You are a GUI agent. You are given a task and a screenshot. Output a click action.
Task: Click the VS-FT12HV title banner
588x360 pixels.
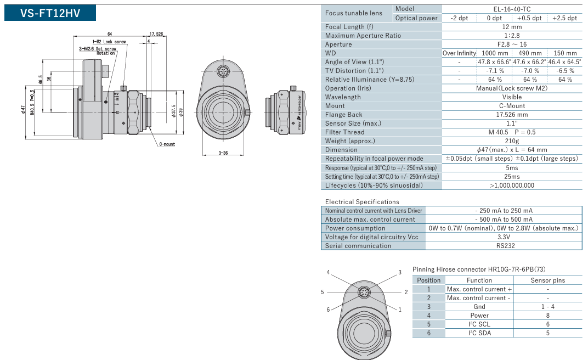point(50,13)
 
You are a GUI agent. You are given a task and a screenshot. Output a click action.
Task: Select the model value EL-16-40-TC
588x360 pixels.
point(512,9)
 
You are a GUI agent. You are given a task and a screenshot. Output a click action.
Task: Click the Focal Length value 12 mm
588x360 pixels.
point(512,26)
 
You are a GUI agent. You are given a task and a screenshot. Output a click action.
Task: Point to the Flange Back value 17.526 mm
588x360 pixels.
point(512,114)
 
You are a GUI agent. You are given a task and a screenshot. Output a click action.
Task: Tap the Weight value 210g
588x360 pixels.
point(512,140)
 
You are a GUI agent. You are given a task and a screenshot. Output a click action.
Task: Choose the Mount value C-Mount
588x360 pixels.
point(512,105)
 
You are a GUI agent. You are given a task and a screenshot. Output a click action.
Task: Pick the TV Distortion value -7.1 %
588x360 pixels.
point(494,70)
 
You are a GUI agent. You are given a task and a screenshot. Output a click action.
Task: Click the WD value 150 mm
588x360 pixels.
point(565,53)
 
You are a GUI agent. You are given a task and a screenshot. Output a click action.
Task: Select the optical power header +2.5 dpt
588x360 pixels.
point(565,18)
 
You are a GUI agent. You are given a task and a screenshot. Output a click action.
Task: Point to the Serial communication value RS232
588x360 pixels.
point(504,245)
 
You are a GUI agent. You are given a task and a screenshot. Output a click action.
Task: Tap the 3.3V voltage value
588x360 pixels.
point(504,237)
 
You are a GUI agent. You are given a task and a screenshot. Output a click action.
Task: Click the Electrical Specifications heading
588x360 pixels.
point(362,201)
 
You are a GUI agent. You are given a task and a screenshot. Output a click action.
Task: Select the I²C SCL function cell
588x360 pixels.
point(479,324)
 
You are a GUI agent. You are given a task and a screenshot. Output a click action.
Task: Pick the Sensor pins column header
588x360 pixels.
point(547,280)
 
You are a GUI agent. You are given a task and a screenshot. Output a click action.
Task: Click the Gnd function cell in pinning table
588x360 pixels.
point(479,306)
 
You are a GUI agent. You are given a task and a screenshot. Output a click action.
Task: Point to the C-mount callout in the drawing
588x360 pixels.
point(167,144)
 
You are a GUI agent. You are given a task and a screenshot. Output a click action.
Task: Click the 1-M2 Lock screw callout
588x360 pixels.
point(109,41)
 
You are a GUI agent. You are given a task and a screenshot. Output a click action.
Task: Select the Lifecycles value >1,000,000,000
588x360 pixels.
point(512,185)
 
